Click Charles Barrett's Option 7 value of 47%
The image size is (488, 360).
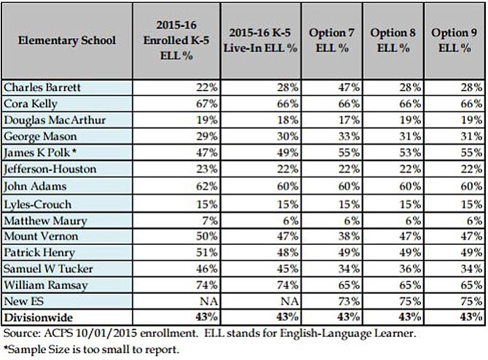click(349, 88)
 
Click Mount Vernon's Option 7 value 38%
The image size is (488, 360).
click(349, 236)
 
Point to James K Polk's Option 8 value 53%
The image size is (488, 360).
click(410, 154)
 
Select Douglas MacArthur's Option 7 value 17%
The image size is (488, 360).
click(349, 121)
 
